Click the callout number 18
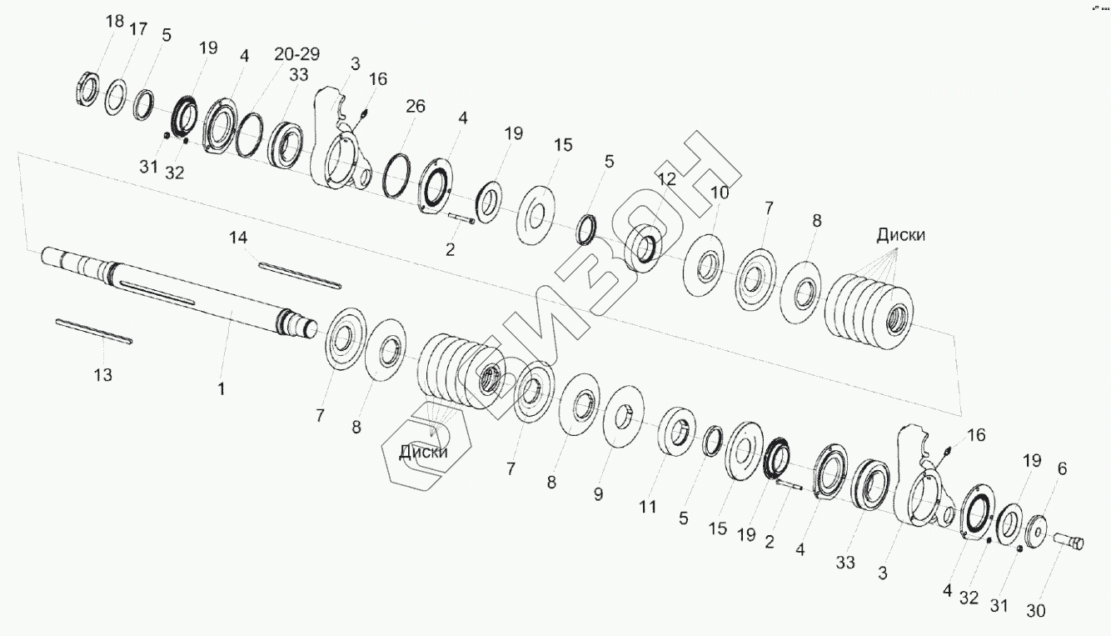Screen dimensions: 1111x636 [115, 22]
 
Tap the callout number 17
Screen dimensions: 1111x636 [138, 29]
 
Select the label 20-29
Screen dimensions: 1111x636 [297, 53]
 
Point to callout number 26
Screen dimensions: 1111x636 [416, 106]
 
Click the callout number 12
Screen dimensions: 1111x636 [667, 179]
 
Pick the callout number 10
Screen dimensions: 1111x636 [720, 193]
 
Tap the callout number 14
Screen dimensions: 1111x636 [238, 238]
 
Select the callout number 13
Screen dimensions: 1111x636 [103, 375]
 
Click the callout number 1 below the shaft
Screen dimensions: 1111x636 [222, 388]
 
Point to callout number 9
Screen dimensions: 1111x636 [599, 494]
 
